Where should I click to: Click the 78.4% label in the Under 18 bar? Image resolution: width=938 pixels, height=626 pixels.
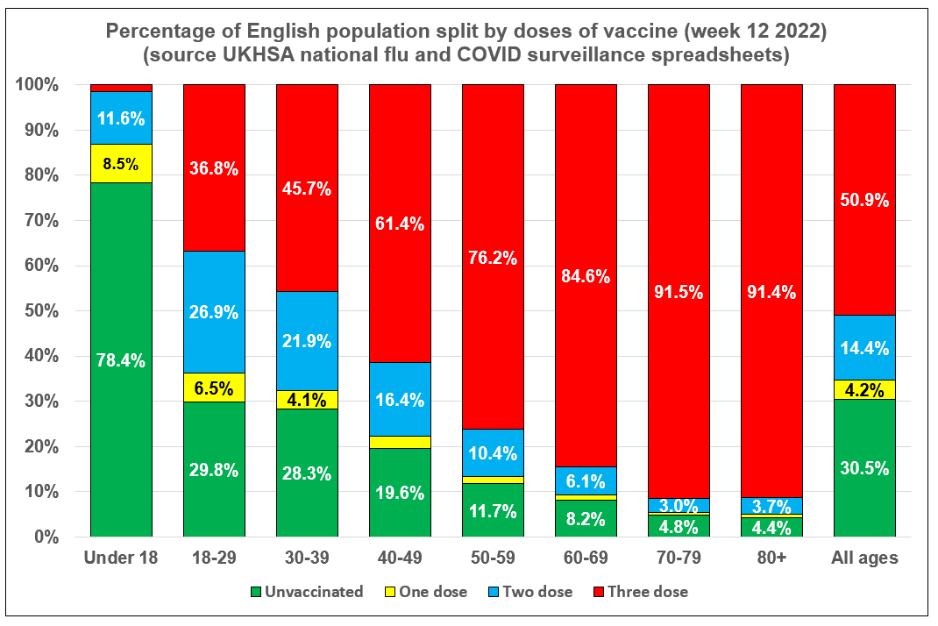pos(121,359)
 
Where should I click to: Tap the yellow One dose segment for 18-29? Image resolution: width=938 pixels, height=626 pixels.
pos(214,387)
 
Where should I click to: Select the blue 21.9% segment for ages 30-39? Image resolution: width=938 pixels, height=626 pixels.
pos(307,339)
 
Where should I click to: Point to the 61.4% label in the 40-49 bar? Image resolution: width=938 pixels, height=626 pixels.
pos(400,224)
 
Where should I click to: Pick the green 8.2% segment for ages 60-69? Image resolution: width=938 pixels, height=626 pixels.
pos(586,517)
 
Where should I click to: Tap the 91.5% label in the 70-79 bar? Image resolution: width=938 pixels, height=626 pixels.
pos(679,292)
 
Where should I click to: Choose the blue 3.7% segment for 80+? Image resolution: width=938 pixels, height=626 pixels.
pos(771,505)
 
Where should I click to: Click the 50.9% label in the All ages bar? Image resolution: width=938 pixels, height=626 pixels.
pos(864,199)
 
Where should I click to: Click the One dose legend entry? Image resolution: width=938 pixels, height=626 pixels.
pos(430,592)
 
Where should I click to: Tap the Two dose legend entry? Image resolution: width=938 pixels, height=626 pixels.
pos(535,592)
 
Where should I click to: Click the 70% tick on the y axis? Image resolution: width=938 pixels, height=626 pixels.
pos(39,220)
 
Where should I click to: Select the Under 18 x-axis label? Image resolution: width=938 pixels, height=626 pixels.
pos(121,558)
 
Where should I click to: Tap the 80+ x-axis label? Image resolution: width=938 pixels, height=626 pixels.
pos(771,558)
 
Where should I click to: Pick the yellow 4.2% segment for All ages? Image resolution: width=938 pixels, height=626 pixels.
pos(864,388)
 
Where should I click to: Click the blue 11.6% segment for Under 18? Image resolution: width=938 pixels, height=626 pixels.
pos(121,117)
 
